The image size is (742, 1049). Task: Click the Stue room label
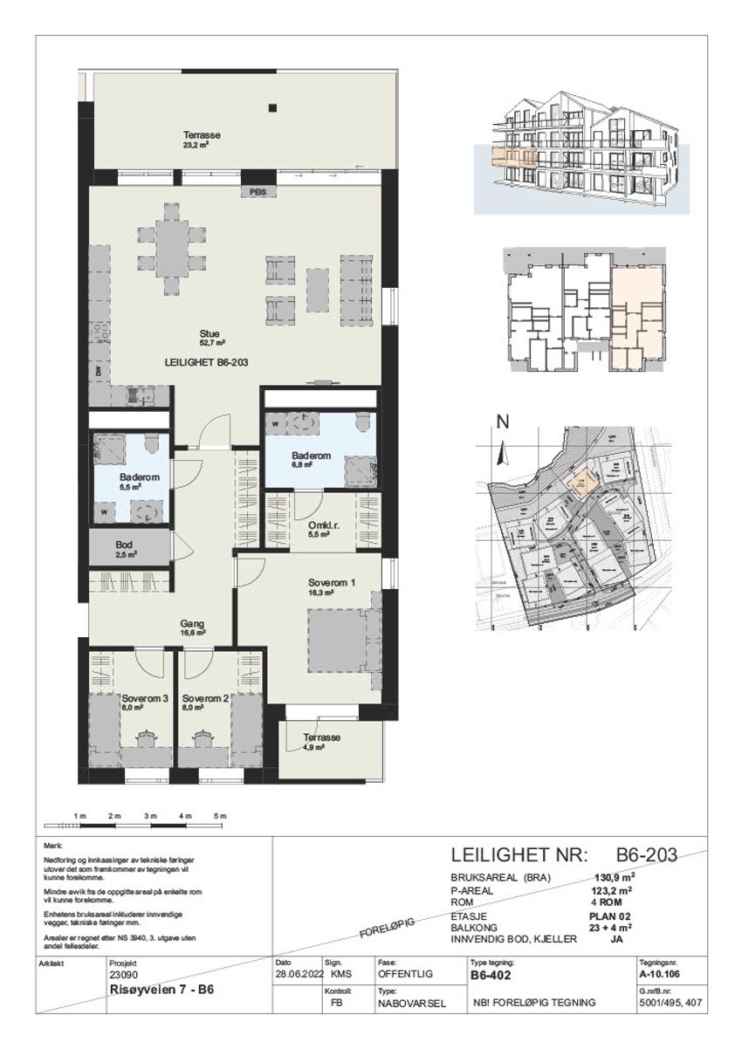[208, 333]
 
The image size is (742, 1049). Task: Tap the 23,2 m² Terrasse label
[201, 135]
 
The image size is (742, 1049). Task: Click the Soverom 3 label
[145, 698]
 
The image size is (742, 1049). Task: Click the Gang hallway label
[192, 624]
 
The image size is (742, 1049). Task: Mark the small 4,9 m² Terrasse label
[322, 737]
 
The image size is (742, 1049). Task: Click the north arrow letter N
[502, 422]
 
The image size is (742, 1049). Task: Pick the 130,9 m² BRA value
[614, 879]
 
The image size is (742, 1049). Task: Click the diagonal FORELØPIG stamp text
[386, 929]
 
